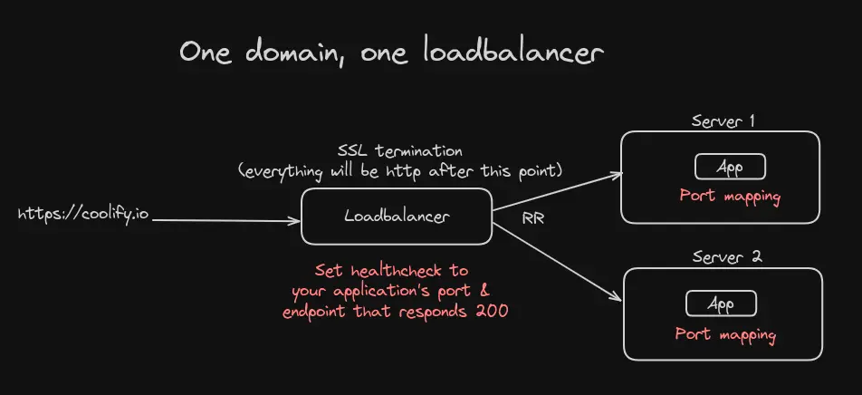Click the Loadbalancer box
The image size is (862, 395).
397,217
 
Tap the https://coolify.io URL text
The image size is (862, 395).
82,217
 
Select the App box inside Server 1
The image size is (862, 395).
730,167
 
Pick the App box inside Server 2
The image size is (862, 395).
722,303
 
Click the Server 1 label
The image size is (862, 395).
723,120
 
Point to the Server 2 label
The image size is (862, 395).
726,256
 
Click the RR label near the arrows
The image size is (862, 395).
532,218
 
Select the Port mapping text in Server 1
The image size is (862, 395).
730,195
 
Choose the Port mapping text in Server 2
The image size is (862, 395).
725,333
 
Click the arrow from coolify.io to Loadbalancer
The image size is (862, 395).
226,219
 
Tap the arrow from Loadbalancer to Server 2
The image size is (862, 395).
557,258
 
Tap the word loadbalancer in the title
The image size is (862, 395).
512,53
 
